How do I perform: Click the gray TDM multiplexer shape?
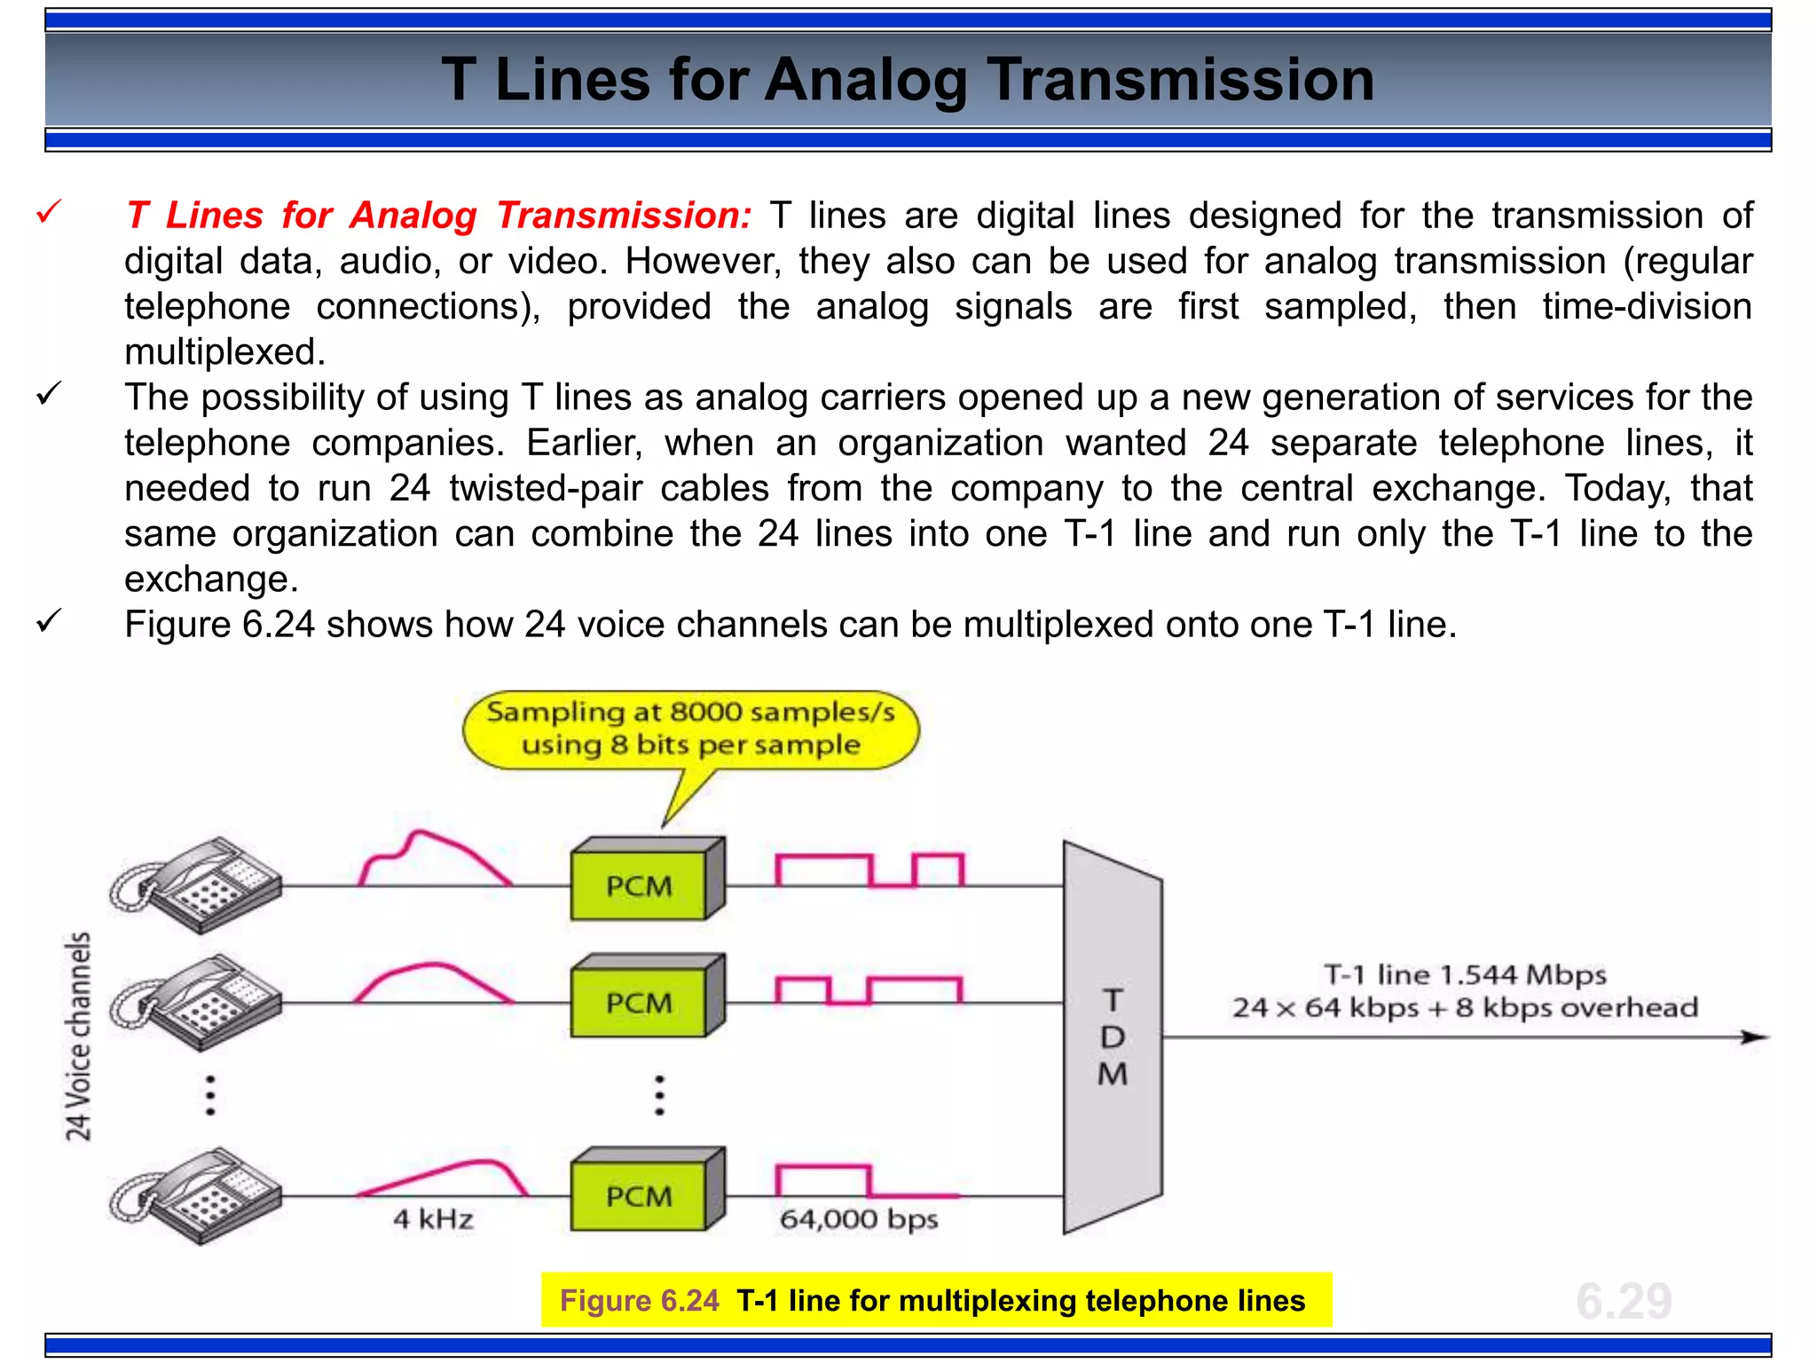[1113, 1036]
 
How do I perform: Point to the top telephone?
[197, 884]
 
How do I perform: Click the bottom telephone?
[197, 1195]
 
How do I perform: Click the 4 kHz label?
[433, 1219]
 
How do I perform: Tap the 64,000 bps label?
[858, 1219]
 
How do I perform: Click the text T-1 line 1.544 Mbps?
[1465, 975]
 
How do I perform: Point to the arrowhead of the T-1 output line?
[1754, 1036]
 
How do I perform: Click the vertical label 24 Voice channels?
[78, 1036]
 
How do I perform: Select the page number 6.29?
[1624, 1301]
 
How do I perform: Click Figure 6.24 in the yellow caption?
[639, 1301]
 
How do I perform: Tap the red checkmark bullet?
[49, 213]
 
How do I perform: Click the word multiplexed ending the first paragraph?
[224, 352]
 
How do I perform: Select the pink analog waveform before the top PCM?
[435, 859]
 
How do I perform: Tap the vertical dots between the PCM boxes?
[659, 1095]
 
